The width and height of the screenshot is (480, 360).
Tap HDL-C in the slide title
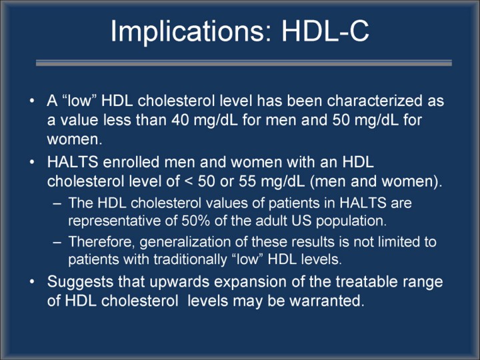coord(325,31)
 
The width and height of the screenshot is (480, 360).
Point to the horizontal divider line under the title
coord(244,63)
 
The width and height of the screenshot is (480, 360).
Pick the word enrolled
coord(131,162)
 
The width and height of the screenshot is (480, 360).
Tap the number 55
coord(247,181)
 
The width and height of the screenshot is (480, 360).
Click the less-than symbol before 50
coord(189,182)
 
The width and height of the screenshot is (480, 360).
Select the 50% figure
coord(195,221)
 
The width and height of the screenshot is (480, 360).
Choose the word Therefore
coord(101,242)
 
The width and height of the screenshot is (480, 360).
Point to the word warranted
coord(327,301)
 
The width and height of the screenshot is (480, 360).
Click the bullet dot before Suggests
coord(32,281)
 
